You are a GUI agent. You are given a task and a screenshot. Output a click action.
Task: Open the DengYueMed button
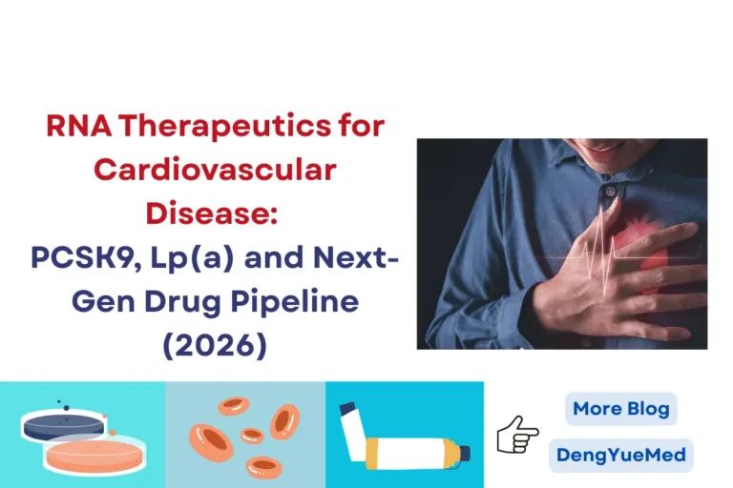click(x=620, y=455)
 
